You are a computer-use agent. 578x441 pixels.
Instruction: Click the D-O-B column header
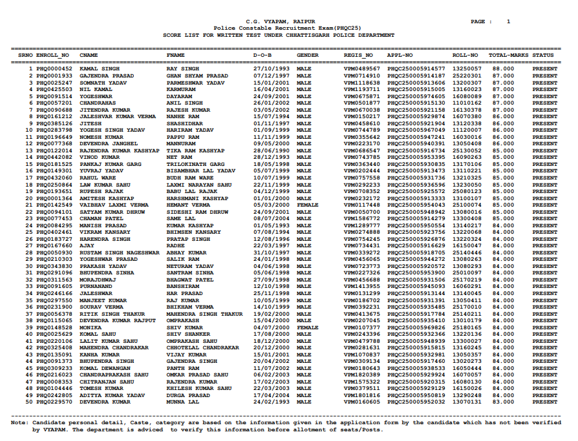(x=262, y=56)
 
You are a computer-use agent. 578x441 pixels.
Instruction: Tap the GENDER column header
(x=307, y=56)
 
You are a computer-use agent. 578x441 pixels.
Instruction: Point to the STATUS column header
(x=544, y=56)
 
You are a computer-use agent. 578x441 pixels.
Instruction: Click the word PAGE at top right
(x=478, y=21)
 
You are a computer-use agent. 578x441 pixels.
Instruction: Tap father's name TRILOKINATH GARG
(x=195, y=164)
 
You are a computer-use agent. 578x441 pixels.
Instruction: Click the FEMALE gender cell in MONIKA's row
(x=307, y=327)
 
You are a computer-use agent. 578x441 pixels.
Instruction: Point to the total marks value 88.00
(x=503, y=68)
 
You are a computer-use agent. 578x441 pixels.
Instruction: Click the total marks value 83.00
(x=503, y=402)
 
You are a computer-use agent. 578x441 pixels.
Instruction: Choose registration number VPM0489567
(x=362, y=68)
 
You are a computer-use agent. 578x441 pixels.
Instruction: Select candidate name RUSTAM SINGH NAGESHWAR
(x=119, y=252)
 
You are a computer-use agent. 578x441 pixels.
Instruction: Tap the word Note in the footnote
(x=19, y=423)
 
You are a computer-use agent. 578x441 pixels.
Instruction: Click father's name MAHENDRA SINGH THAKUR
(x=204, y=314)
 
